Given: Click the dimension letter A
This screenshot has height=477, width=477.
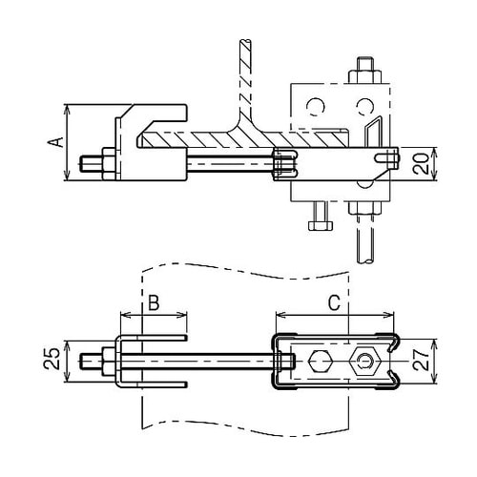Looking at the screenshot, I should (56, 142).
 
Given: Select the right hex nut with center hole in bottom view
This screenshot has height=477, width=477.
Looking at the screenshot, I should (363, 363).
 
